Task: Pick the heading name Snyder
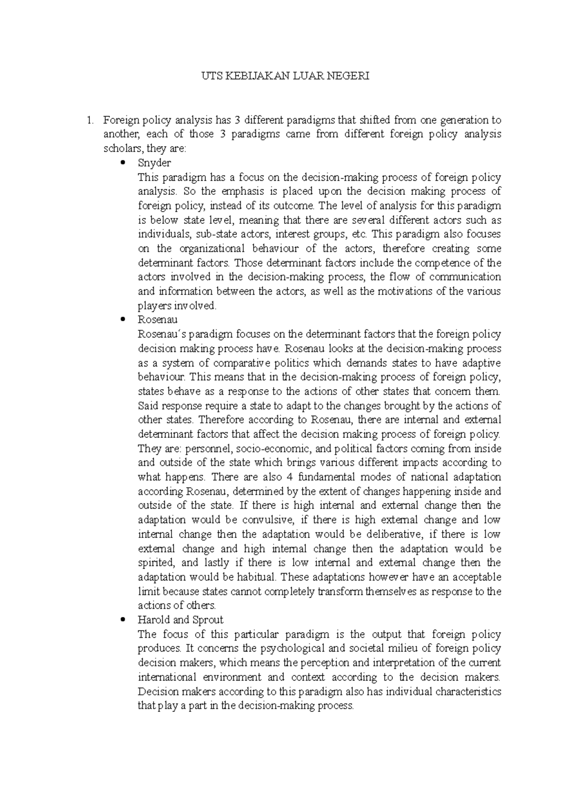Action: point(154,163)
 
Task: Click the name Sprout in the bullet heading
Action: point(208,620)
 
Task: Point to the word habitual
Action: point(258,577)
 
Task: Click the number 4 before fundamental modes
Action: point(291,477)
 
